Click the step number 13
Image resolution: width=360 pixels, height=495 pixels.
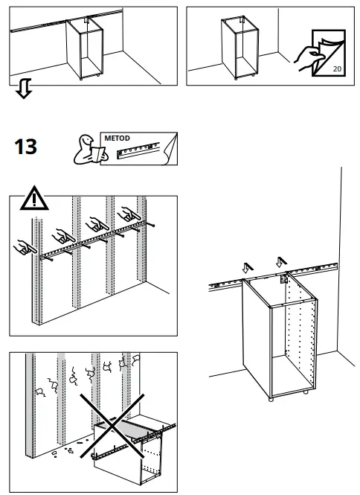click(25, 147)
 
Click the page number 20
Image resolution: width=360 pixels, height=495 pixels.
click(338, 68)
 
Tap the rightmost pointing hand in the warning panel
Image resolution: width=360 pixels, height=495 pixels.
click(135, 215)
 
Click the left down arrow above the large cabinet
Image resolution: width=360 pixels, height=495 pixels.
click(248, 266)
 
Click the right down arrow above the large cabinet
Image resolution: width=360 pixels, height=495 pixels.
click(280, 262)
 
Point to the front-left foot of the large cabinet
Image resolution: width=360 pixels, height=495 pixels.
click(271, 398)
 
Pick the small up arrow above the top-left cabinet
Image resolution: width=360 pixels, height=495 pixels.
click(87, 20)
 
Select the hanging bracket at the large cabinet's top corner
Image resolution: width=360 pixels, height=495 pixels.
click(283, 281)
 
